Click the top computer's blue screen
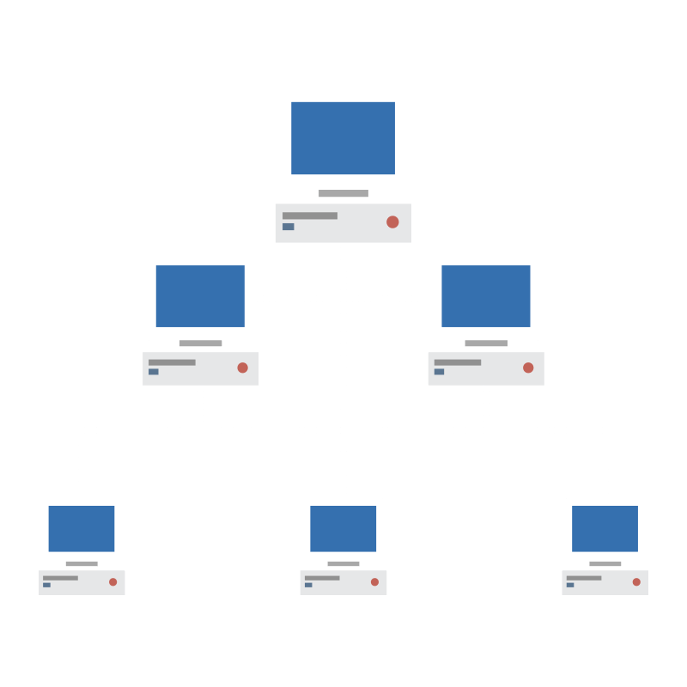pyautogui.click(x=343, y=137)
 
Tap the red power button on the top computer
pyautogui.click(x=392, y=222)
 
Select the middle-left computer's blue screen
pyautogui.click(x=200, y=295)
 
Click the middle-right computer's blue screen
pyautogui.click(x=486, y=295)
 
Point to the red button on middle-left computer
pyautogui.click(x=242, y=368)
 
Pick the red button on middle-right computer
pyautogui.click(x=528, y=368)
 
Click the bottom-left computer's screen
pyautogui.click(x=82, y=528)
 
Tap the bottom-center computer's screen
pyautogui.click(x=343, y=528)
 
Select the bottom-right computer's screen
pyautogui.click(x=605, y=528)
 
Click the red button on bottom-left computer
pyautogui.click(x=112, y=581)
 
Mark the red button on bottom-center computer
pyautogui.click(x=374, y=581)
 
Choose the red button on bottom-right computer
pyautogui.click(x=636, y=581)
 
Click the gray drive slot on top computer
pyautogui.click(x=310, y=216)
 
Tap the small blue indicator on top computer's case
pyautogui.click(x=289, y=227)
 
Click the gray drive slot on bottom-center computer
pyautogui.click(x=322, y=578)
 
